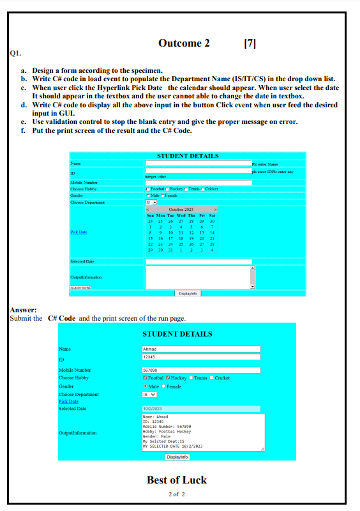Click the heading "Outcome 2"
184,43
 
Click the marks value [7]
250,43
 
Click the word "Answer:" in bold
23,310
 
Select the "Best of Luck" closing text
177,480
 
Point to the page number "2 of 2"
177,494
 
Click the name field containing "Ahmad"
201,349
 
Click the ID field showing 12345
201,357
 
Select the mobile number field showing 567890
201,370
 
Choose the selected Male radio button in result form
146,386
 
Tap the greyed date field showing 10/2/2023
201,409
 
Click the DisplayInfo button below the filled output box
177,457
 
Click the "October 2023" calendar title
181,209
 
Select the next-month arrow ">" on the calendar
216,209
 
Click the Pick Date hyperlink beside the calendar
79,233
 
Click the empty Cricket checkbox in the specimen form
203,189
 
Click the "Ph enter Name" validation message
265,165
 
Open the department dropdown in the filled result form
149,394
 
